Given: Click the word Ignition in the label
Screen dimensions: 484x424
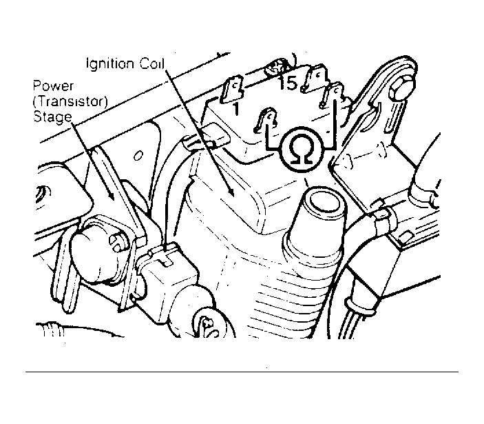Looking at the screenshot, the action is click(x=110, y=64).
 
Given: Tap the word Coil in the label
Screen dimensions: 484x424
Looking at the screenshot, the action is click(x=152, y=63).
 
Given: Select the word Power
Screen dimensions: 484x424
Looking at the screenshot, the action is click(x=53, y=86).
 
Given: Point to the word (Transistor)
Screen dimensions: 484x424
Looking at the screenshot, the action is click(x=70, y=101).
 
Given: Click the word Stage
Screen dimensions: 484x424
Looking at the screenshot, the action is click(x=52, y=117).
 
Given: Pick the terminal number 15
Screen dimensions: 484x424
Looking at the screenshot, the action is click(x=288, y=83).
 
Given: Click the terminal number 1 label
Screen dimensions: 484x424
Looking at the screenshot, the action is click(x=236, y=109).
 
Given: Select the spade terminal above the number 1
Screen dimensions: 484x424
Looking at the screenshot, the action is click(x=231, y=90).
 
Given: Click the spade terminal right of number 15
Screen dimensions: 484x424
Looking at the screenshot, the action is click(x=315, y=77).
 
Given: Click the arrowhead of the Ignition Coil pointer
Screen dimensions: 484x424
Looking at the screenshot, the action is click(x=231, y=191).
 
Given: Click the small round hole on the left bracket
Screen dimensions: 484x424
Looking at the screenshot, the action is click(x=138, y=155).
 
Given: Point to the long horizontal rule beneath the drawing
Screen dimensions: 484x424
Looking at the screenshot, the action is click(x=242, y=372).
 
